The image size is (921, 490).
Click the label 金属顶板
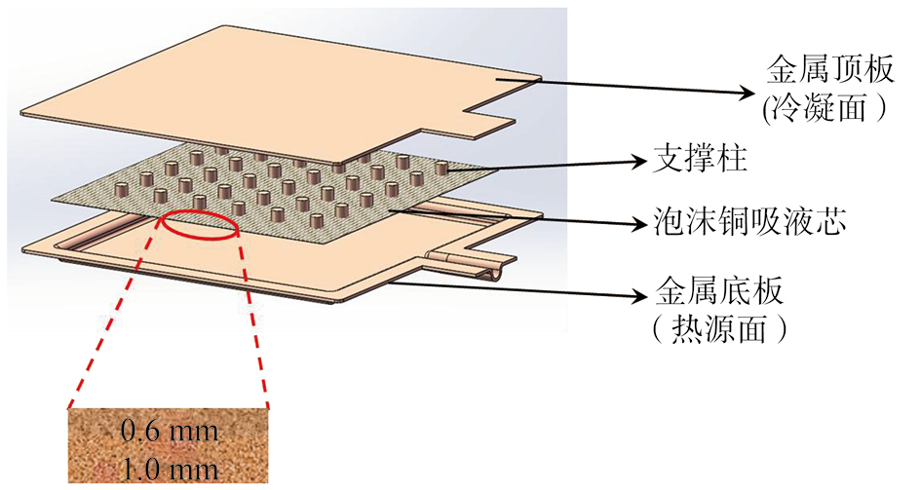tap(830, 70)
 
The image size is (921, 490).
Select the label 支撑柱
tap(700, 159)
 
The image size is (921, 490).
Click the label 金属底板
tap(718, 290)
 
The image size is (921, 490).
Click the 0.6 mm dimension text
tap(170, 432)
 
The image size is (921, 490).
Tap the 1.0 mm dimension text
tap(170, 469)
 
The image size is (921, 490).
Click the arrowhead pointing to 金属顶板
tap(746, 93)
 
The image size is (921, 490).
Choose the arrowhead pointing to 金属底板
tap(637, 296)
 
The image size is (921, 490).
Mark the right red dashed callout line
tap(253, 320)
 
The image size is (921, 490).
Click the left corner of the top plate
tap(22, 114)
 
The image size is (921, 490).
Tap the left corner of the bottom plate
tap(23, 250)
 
